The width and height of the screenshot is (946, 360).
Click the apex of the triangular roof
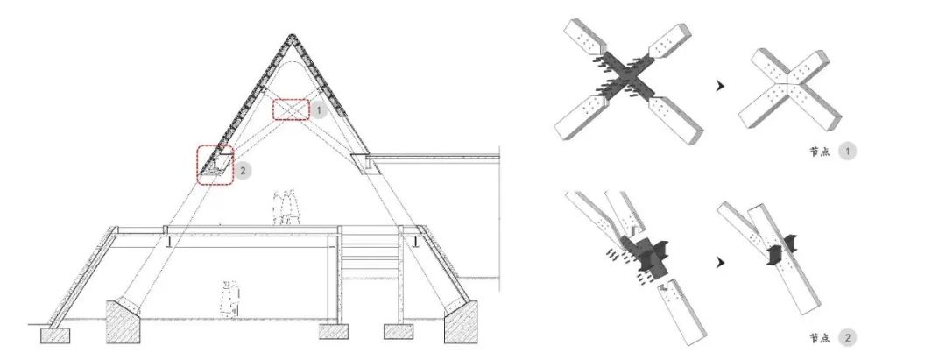point(292,35)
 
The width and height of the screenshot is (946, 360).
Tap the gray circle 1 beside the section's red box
point(319,111)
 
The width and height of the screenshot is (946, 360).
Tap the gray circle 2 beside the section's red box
point(243,171)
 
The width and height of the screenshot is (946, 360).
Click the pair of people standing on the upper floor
point(286,208)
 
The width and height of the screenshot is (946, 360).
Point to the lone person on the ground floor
point(229,299)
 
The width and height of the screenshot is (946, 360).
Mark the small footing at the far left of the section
point(55,335)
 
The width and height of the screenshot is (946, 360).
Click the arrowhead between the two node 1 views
point(719,86)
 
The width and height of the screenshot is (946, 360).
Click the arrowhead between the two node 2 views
point(719,262)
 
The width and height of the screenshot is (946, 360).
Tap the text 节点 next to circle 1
point(819,152)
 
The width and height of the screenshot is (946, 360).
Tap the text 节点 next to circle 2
point(819,338)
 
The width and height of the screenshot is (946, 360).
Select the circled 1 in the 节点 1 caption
point(847,152)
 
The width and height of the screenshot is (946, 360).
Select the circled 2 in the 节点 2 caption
point(847,338)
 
